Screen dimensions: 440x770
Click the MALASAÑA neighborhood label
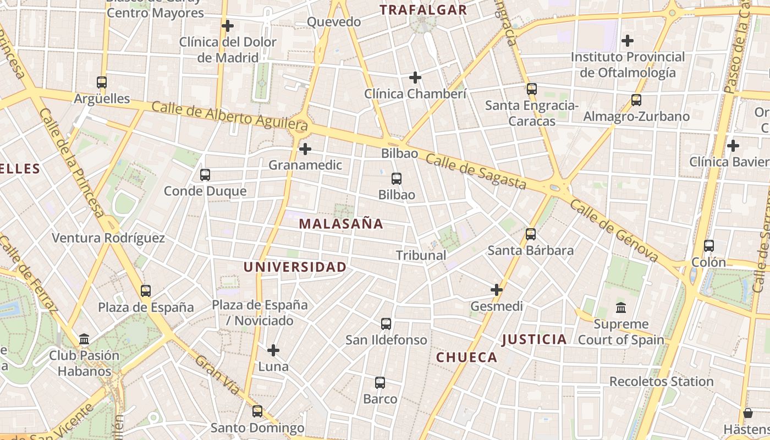341,224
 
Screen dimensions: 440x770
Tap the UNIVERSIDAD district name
295,267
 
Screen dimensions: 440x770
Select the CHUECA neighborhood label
466,358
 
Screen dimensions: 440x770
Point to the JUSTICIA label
534,339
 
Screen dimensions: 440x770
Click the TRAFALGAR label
423,10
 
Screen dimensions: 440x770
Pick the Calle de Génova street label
614,230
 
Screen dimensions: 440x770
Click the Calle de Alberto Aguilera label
229,116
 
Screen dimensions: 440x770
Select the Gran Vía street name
218,375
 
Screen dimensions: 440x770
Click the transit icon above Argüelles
102,82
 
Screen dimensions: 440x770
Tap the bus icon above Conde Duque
205,175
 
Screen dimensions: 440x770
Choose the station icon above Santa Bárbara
531,234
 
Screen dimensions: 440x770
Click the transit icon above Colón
709,246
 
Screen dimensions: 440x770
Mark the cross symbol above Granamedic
305,148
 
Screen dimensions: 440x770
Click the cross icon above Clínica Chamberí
415,78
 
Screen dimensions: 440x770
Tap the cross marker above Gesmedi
497,289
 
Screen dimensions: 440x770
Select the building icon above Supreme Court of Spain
621,307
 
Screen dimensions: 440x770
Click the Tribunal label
421,255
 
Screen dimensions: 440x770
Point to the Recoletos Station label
661,382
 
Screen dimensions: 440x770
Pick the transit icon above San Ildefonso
386,324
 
